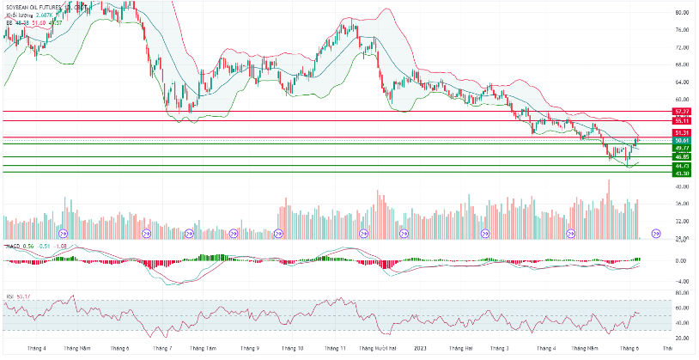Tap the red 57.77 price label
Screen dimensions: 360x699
[683, 112]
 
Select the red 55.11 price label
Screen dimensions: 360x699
[683, 121]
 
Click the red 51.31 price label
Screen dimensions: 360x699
[683, 133]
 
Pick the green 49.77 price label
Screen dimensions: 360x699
[683, 149]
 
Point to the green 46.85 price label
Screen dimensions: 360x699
[683, 157]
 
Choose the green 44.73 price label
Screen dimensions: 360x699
[683, 166]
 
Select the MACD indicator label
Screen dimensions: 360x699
[12, 246]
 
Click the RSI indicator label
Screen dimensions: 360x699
[9, 296]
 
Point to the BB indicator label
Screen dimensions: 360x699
[9, 23]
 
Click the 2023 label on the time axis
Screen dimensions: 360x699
[418, 349]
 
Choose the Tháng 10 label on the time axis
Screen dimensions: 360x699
[294, 349]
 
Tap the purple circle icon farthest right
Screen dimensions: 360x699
[656, 232]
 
